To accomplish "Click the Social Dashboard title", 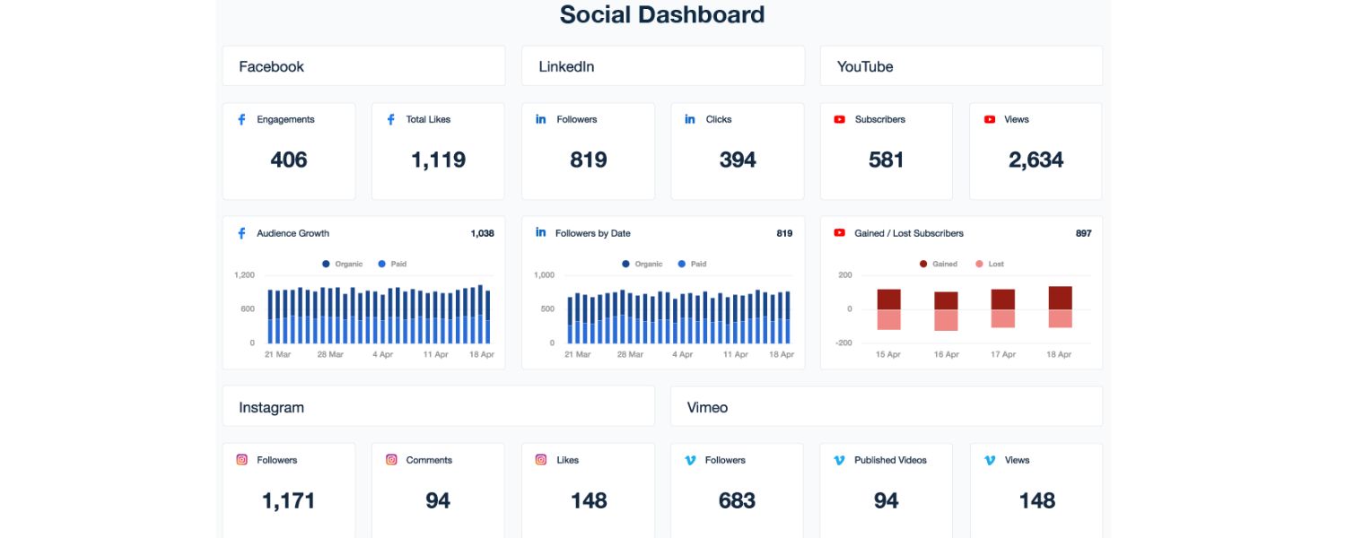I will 662,15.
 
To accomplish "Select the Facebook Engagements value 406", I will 289,160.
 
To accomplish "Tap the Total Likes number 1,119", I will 438,160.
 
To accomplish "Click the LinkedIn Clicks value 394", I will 738,160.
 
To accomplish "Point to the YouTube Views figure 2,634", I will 1036,160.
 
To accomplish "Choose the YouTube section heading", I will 865,66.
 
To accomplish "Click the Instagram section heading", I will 271,407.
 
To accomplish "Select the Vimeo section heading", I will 707,407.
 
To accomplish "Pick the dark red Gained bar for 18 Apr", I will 1060,298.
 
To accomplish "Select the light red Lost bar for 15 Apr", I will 888,319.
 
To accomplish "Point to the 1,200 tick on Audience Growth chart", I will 245,275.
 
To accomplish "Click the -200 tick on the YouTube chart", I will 845,343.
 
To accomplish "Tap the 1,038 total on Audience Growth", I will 482,233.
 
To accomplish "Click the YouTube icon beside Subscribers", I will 840,119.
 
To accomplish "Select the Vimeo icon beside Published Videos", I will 839,460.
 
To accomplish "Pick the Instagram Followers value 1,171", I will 289,500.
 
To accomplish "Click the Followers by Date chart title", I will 592,233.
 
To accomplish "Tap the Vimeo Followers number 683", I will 737,500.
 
